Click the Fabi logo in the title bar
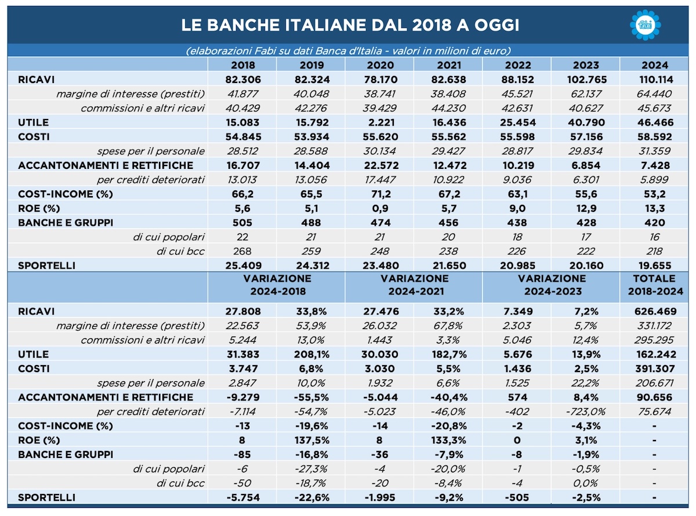pos(646,25)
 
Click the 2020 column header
pos(380,65)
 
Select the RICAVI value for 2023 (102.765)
pos(587,80)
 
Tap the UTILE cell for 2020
pos(381,122)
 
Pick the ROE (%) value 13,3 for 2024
pos(655,208)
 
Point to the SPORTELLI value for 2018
pos(243,265)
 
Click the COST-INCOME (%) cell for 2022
pos(517,194)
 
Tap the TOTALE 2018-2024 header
pos(655,285)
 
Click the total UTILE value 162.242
pos(656,354)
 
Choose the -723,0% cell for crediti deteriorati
pos(586,412)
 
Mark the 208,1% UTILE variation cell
pos(311,354)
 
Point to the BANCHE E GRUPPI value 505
pos(242,223)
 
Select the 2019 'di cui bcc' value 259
pos(311,251)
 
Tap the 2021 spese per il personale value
pos(448,151)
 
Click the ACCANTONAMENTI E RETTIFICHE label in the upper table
pos(106,165)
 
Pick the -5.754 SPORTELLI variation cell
pos(243,497)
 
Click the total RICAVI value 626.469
pos(655,311)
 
